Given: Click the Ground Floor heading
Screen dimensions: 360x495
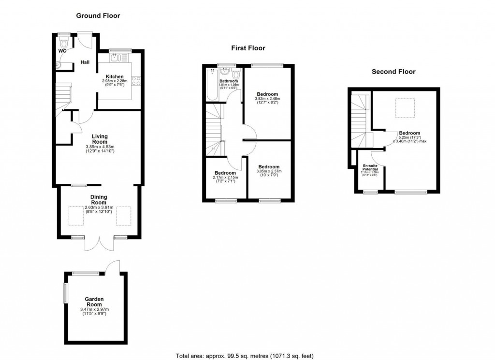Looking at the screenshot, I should click(x=98, y=15).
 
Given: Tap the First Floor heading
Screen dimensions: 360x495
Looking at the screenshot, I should click(x=247, y=48).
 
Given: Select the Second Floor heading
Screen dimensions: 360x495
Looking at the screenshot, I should click(x=393, y=72).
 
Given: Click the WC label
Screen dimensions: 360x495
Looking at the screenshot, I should click(x=62, y=51).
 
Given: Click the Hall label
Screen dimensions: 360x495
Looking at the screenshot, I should click(x=85, y=62).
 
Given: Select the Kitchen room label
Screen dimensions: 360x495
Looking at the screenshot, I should click(x=115, y=76).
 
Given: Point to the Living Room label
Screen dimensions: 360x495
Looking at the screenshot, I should click(x=100, y=139).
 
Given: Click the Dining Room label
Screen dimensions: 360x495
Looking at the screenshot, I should click(x=99, y=200).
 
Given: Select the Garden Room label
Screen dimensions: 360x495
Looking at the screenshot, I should click(x=94, y=302).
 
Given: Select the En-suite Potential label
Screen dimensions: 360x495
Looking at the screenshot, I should click(x=370, y=167).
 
